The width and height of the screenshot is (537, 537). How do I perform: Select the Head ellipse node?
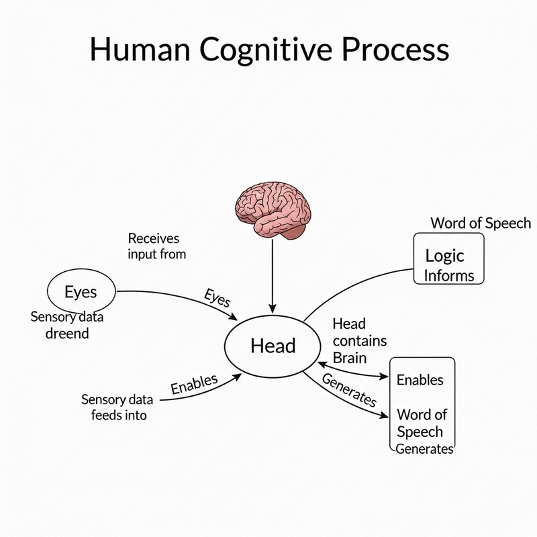273,346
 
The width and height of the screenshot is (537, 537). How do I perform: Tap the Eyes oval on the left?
81,292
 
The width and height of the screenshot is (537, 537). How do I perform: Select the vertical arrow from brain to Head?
272,275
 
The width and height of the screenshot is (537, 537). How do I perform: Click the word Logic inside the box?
444,255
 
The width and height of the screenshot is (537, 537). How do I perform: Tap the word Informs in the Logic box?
449,275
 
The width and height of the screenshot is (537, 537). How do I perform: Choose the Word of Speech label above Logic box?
480,223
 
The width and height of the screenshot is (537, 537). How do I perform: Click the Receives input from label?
156,246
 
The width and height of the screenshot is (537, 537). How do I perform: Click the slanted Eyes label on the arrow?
217,297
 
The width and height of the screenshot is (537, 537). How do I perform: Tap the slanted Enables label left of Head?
194,384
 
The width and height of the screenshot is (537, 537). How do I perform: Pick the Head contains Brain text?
358,340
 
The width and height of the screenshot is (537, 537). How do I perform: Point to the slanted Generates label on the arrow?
349,390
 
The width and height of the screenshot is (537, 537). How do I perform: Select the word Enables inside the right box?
420,380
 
